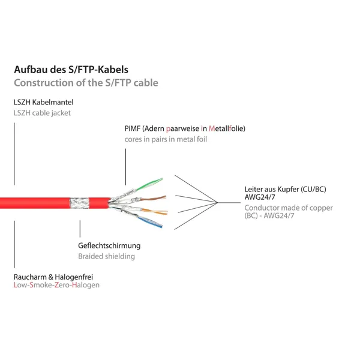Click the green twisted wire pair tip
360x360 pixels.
pyautogui.click(x=162, y=179)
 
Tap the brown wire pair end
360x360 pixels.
pyautogui.click(x=164, y=197)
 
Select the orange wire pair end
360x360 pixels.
pyautogui.click(x=166, y=212)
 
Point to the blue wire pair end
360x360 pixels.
pyautogui.click(x=161, y=226)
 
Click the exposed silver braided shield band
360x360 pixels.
pyautogui.click(x=79, y=203)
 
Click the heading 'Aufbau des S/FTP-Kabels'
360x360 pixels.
pyautogui.click(x=71, y=70)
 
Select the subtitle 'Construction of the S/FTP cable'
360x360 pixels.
pyautogui.click(x=86, y=83)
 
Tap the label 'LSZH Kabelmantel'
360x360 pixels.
pyautogui.click(x=44, y=102)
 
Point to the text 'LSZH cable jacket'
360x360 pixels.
pyautogui.click(x=42, y=113)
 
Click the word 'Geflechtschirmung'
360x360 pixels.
pyautogui.click(x=109, y=245)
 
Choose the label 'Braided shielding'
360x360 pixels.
pyautogui.click(x=107, y=256)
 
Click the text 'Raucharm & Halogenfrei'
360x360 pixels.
pyautogui.click(x=53, y=277)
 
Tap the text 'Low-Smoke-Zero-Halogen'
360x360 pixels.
pyautogui.click(x=57, y=285)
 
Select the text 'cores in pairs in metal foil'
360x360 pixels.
pyautogui.click(x=166, y=139)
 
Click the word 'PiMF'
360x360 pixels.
pyautogui.click(x=133, y=128)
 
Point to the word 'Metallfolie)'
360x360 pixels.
pyautogui.click(x=227, y=128)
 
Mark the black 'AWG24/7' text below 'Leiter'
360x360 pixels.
pyautogui.click(x=260, y=197)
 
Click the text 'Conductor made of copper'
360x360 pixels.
pyautogui.click(x=289, y=208)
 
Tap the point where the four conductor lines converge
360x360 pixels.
pyautogui.click(x=217, y=203)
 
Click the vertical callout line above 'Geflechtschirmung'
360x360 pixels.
pyautogui.click(x=80, y=229)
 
